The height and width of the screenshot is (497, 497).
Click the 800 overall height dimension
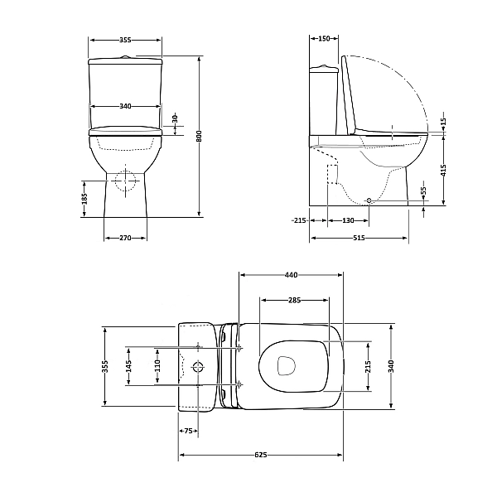pyautogui.click(x=199, y=136)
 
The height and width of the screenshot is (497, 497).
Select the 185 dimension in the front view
pyautogui.click(x=84, y=199)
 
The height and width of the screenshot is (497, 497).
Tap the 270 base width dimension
pyautogui.click(x=126, y=238)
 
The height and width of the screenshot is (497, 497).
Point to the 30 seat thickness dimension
pyautogui.click(x=176, y=118)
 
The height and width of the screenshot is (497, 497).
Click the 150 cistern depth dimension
pyautogui.click(x=324, y=39)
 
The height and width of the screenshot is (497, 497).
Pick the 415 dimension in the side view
pyautogui.click(x=443, y=171)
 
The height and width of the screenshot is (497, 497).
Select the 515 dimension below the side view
pyautogui.click(x=359, y=238)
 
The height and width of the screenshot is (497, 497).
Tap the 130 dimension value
pyautogui.click(x=349, y=220)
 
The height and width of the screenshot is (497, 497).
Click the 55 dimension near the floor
pyautogui.click(x=424, y=191)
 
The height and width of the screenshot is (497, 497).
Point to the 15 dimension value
pyautogui.click(x=443, y=122)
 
